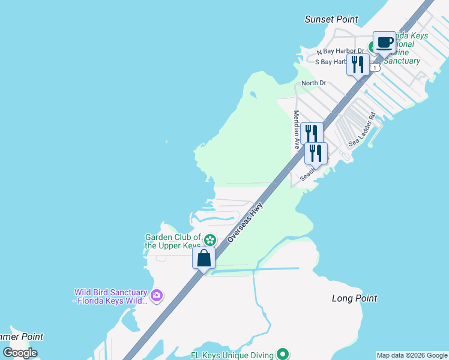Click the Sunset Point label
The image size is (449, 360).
[x=331, y=19]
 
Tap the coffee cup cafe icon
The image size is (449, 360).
[x=384, y=43]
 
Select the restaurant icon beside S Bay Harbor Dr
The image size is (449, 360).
[x=358, y=65]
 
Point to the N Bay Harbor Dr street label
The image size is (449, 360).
[x=340, y=52]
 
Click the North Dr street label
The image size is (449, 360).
[x=313, y=83]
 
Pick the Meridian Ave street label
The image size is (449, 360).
[x=297, y=130]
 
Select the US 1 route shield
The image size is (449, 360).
[x=375, y=68]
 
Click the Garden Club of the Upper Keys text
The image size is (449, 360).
[x=173, y=241]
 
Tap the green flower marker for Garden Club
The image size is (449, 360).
[x=209, y=240]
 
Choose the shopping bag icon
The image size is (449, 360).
[x=204, y=259]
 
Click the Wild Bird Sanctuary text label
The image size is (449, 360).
[x=110, y=296]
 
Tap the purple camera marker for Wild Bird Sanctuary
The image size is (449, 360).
[x=157, y=295]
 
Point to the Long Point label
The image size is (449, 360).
[x=354, y=298]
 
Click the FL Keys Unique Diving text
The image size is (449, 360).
[x=232, y=355]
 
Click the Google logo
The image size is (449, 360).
[x=20, y=353]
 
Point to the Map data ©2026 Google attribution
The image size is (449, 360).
[x=412, y=355]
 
